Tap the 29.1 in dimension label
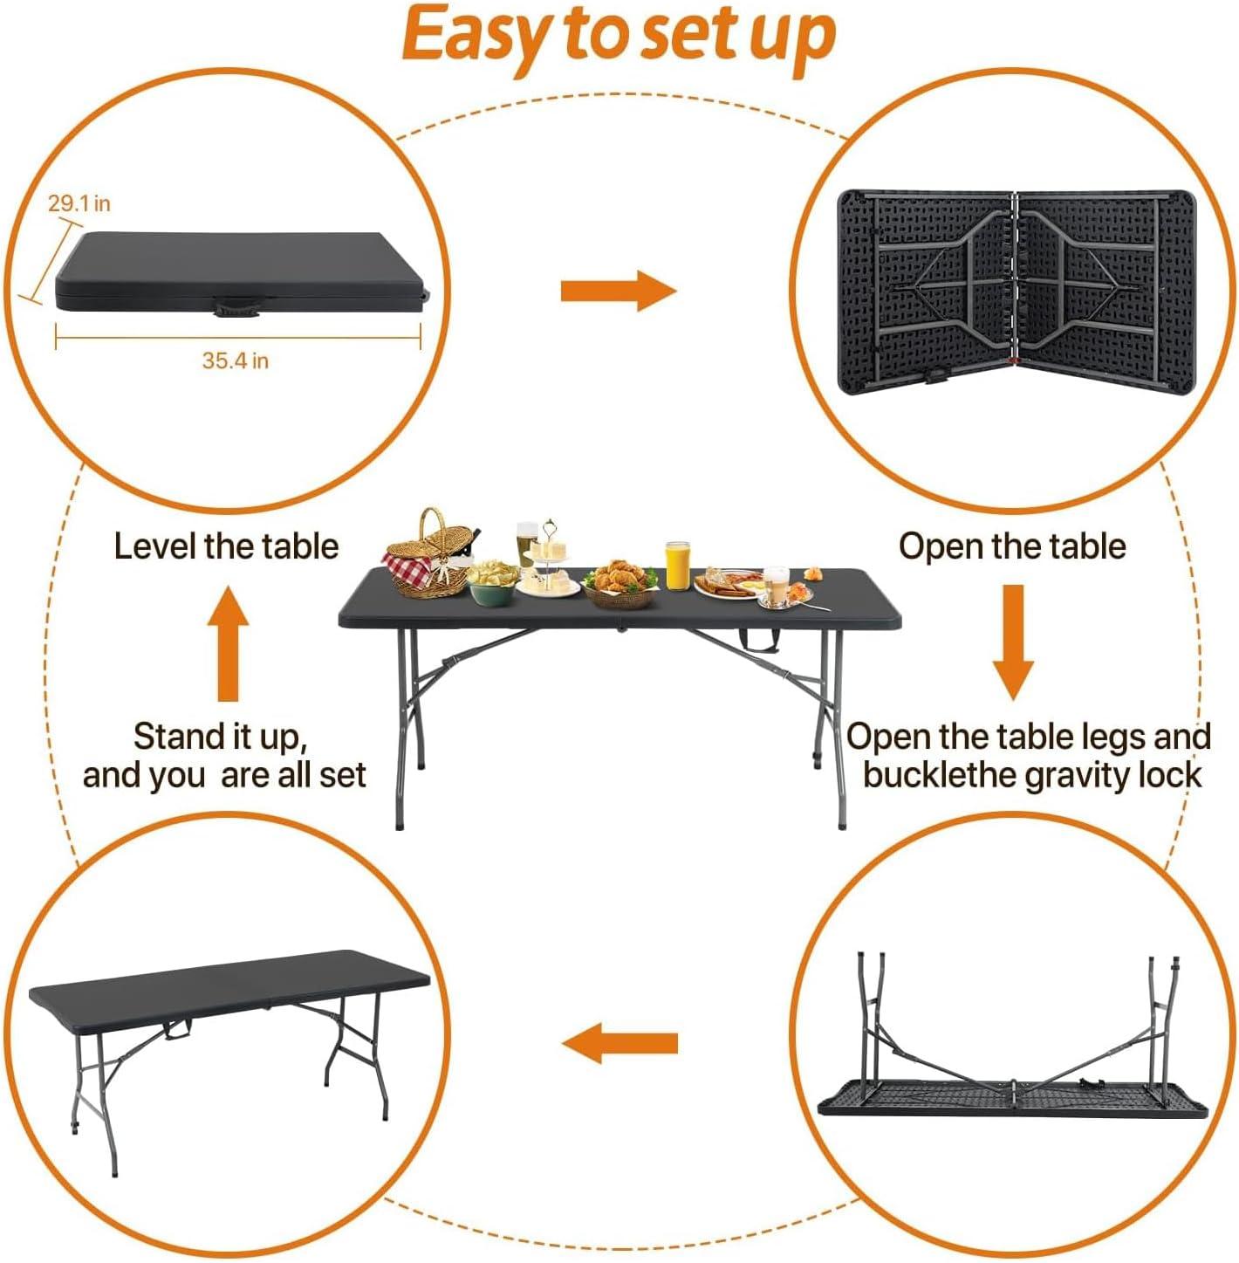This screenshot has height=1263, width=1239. (79, 204)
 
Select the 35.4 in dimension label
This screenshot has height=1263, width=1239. (236, 360)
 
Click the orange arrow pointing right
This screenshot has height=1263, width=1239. (618, 291)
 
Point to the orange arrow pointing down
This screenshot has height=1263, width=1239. (1013, 642)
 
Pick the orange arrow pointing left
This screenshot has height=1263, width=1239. (619, 1043)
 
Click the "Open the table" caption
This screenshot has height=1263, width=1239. (1012, 546)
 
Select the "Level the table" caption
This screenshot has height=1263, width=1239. (226, 546)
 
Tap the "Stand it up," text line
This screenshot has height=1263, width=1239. (220, 737)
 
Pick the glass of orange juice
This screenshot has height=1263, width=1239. (677, 566)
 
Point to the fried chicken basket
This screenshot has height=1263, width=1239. (619, 583)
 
